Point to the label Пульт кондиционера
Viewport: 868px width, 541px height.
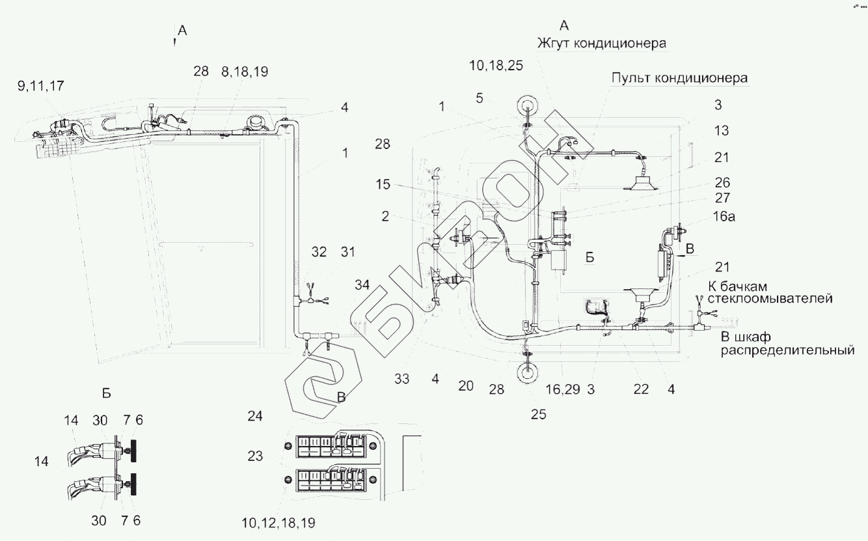coord(679,78)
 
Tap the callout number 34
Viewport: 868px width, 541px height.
coord(363,284)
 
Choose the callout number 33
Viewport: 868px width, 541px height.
coord(402,379)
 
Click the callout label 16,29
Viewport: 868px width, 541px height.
coord(563,389)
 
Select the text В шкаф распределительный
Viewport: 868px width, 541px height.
coord(785,344)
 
